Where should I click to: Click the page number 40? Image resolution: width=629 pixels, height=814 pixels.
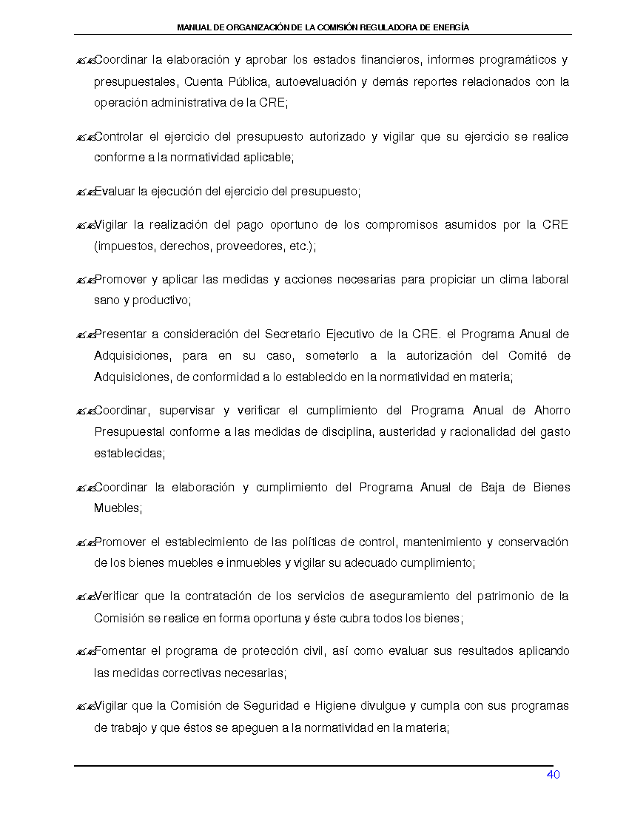point(553,775)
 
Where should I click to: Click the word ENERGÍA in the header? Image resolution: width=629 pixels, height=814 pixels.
point(451,27)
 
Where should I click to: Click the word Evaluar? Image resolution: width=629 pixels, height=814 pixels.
point(115,192)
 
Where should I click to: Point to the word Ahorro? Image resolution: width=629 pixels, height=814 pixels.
point(551,411)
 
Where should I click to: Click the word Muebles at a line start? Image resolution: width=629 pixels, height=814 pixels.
point(116,508)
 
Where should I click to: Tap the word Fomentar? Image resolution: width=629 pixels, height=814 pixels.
point(120,651)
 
